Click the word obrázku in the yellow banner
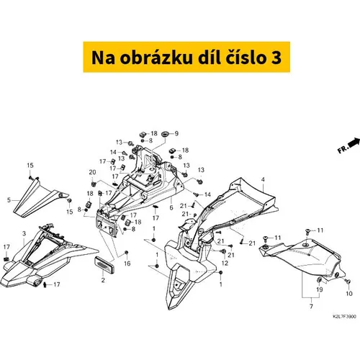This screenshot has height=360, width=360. tap(156, 58)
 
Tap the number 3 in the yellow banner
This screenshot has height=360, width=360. tap(276, 58)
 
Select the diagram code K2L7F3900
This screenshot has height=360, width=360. tap(344, 317)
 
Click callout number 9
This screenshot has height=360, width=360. tap(176, 133)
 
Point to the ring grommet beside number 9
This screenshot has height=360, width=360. tap(165, 134)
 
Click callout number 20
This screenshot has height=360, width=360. tap(92, 172)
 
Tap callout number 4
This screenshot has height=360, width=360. tap(263, 179)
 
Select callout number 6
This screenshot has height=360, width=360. tap(171, 207)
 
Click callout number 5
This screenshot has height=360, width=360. tap(9, 200)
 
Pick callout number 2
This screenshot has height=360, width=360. tap(103, 280)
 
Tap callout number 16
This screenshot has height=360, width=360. tap(127, 264)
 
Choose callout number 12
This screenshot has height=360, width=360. tap(225, 263)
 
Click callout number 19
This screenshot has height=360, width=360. tap(320, 289)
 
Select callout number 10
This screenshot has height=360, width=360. tap(349, 294)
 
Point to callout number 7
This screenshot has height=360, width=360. tap(311, 307)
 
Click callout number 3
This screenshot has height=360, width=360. tap(24, 233)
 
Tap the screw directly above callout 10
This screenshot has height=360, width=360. tap(348, 281)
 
